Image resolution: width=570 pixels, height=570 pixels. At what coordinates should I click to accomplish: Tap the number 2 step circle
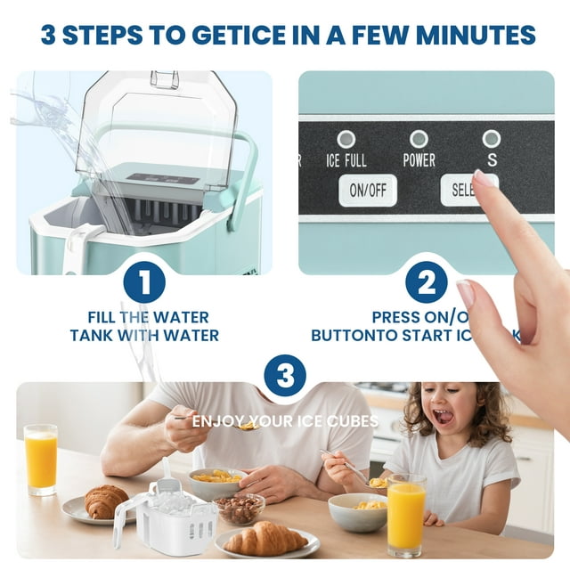click(x=426, y=284)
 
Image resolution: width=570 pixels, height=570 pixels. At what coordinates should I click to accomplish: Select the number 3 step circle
click(x=285, y=377)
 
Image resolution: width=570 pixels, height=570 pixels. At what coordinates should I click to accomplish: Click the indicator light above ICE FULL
click(x=346, y=139)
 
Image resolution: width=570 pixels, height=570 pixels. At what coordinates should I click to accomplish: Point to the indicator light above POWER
click(x=419, y=139)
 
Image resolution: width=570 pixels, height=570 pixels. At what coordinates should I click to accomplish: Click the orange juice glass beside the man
click(x=41, y=460)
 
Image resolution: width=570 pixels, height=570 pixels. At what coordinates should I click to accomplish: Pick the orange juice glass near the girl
click(x=406, y=514)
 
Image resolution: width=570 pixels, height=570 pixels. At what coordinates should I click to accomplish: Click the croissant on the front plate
click(x=265, y=539)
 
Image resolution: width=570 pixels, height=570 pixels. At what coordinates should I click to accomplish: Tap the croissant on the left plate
click(x=106, y=501)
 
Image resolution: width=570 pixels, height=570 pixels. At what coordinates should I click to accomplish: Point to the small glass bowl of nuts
click(x=240, y=509)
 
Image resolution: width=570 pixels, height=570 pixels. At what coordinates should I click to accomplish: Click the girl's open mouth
click(x=443, y=416)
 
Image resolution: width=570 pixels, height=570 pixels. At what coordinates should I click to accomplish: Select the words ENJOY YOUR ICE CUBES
click(x=285, y=420)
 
